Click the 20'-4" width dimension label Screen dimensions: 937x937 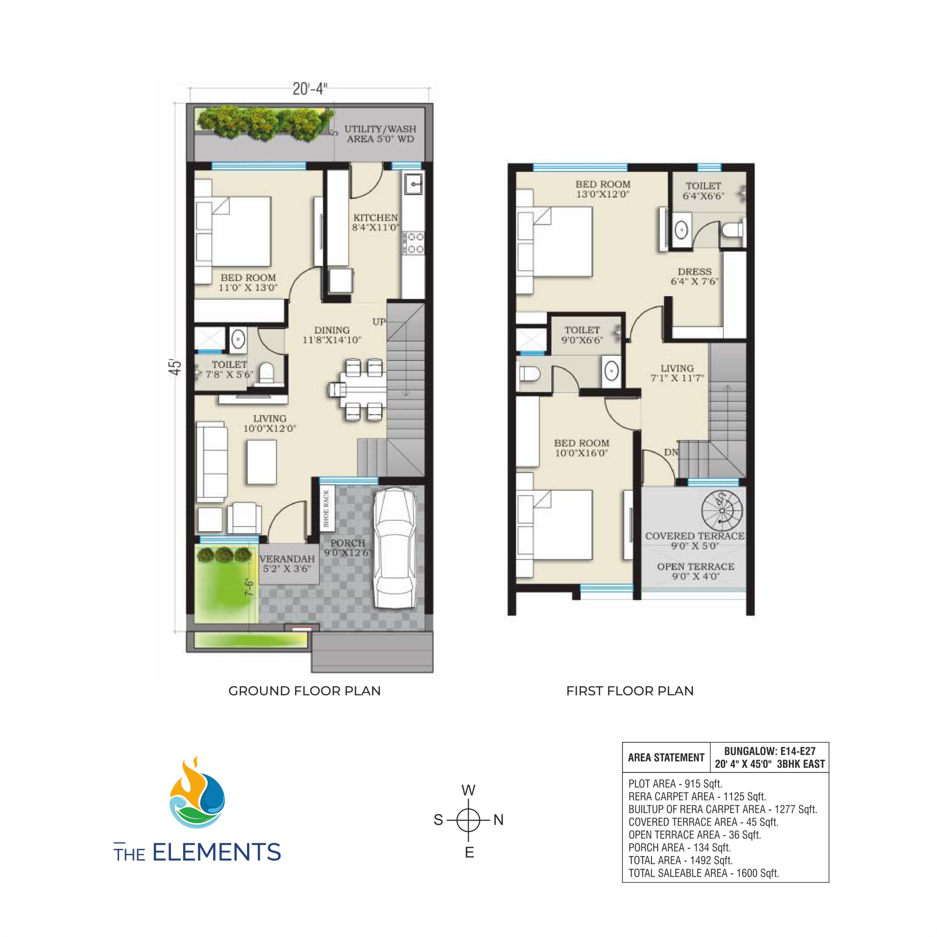[x=310, y=89]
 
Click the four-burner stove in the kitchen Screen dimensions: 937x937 [x=413, y=243]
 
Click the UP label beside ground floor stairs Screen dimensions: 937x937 [x=379, y=322]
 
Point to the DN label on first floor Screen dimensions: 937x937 [x=671, y=452]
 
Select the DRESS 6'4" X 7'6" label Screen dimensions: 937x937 [x=694, y=276]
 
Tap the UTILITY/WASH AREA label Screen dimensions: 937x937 [x=380, y=134]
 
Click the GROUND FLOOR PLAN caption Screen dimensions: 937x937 [x=305, y=691]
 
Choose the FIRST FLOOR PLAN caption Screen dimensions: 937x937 [x=630, y=691]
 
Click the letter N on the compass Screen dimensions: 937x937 [x=499, y=820]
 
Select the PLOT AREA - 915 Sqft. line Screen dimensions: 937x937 [x=675, y=784]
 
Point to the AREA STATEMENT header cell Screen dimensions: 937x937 [x=665, y=758]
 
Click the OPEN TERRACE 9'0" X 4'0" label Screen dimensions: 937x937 [x=695, y=571]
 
